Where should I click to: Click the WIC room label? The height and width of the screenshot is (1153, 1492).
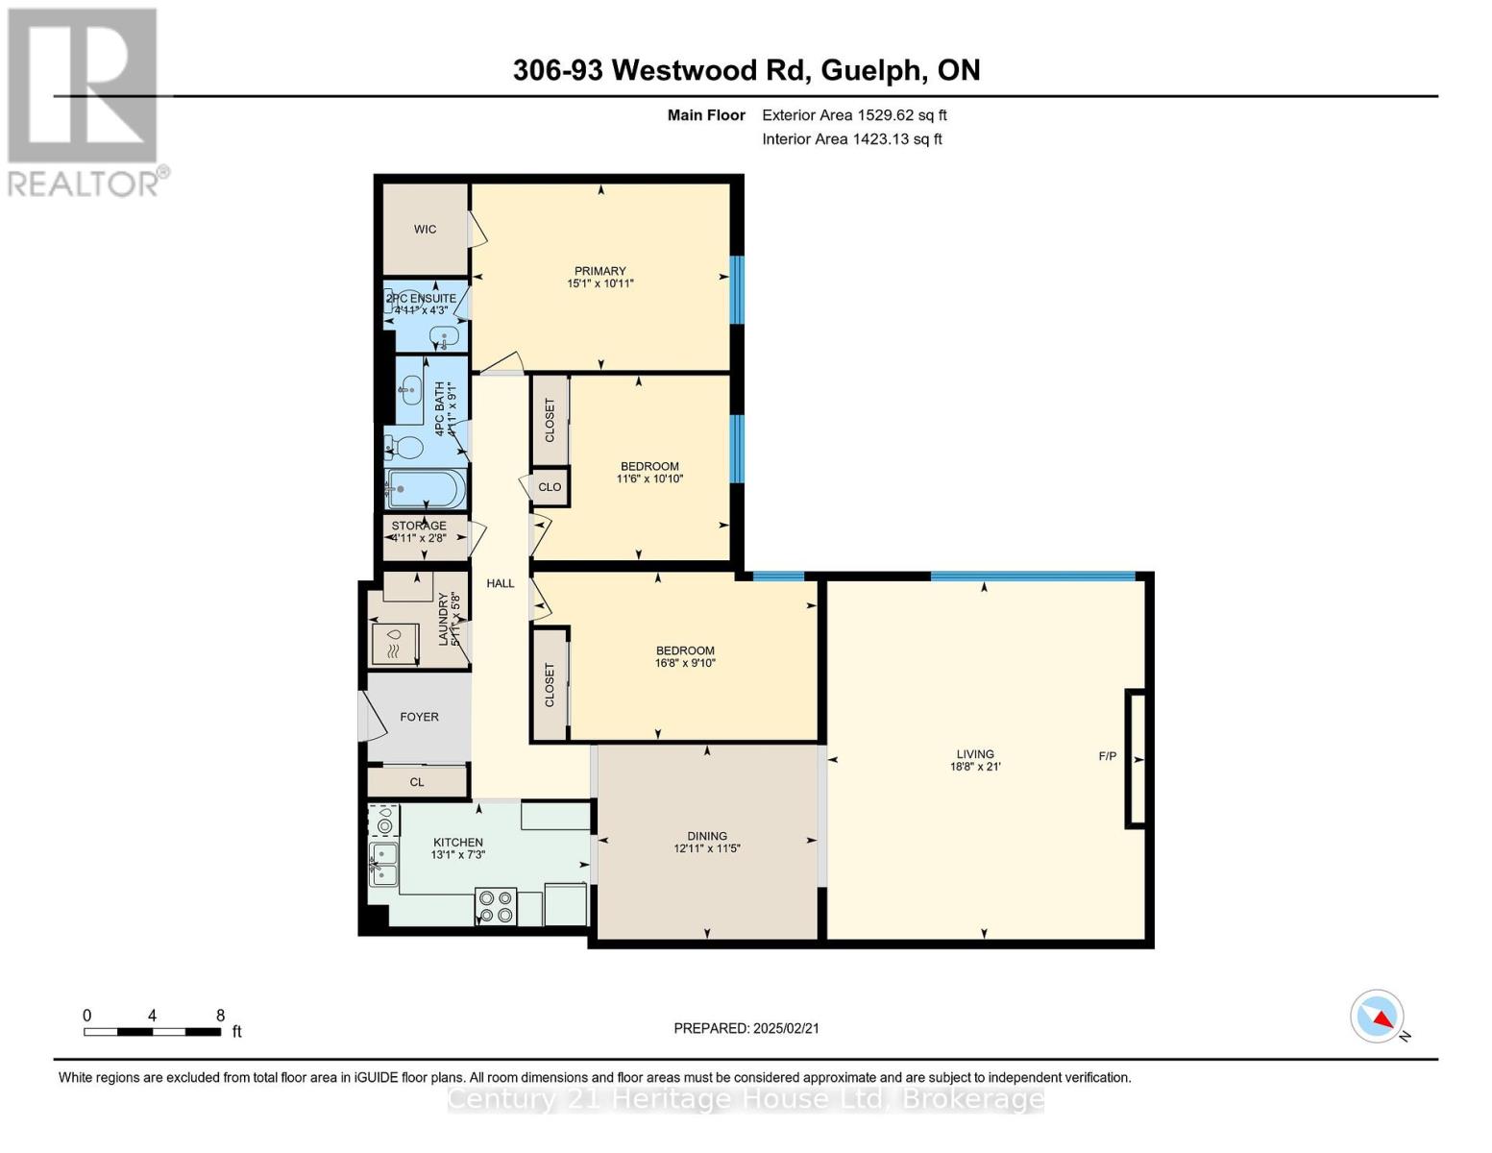click(425, 230)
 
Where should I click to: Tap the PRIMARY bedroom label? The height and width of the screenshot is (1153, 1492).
click(600, 271)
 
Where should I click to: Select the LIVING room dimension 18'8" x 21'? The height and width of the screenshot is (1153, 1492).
click(975, 767)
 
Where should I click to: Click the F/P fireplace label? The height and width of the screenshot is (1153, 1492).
click(1108, 756)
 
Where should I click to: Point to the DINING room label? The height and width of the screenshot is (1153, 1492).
click(707, 836)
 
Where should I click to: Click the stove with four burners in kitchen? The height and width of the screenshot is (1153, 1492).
click(496, 907)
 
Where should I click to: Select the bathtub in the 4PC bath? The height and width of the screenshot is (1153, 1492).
click(426, 490)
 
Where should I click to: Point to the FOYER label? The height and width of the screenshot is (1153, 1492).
click(419, 717)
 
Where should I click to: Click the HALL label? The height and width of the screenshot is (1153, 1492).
click(500, 583)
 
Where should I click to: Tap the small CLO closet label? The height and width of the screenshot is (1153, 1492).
click(550, 487)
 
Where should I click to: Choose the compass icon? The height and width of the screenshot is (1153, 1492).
click(1378, 1017)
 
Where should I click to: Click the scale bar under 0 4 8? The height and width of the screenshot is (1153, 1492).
click(152, 1032)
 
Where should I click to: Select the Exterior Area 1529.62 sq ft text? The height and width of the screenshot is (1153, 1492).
click(854, 115)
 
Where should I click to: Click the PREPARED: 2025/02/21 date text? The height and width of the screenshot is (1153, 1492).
click(746, 1028)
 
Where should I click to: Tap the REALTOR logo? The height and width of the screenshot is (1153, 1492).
click(85, 101)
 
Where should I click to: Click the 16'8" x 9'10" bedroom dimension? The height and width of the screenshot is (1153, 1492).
click(686, 663)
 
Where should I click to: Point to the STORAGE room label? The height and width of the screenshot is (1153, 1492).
click(419, 526)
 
